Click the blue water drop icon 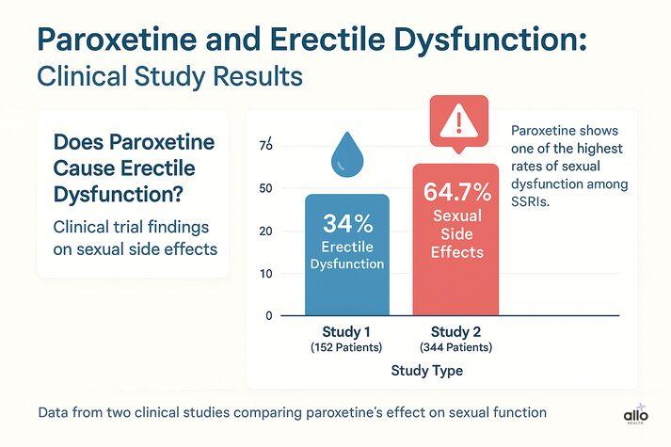coord(346,157)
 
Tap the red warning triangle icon coord(456,123)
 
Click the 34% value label coord(347,223)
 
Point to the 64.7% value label coord(457,193)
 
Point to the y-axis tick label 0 coord(268,316)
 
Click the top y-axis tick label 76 coord(265,146)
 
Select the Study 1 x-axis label coord(346,332)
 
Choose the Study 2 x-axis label coord(457,332)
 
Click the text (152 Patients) coord(346,349)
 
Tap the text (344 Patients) coord(457,349)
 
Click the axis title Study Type coord(426,372)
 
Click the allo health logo coord(636,415)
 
